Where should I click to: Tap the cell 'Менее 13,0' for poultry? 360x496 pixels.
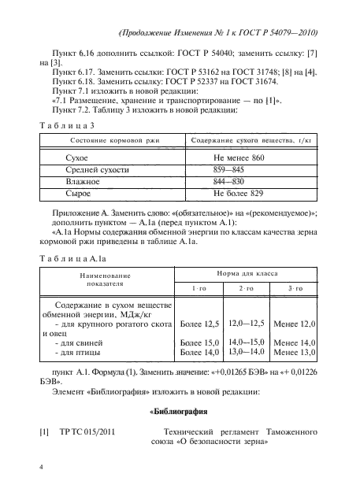pos(293,352)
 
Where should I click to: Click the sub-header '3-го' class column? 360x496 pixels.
pos(294,289)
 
